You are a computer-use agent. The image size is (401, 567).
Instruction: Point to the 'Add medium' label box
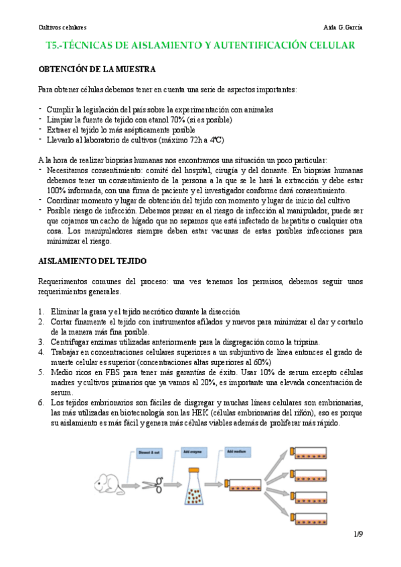[239, 451]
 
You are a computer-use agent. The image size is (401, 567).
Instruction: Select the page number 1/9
[358, 534]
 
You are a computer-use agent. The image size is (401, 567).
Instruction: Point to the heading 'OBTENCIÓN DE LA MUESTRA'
[97, 69]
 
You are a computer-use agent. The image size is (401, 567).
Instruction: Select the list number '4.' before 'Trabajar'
[42, 351]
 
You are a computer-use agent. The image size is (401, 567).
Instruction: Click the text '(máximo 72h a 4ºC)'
[185, 140]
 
